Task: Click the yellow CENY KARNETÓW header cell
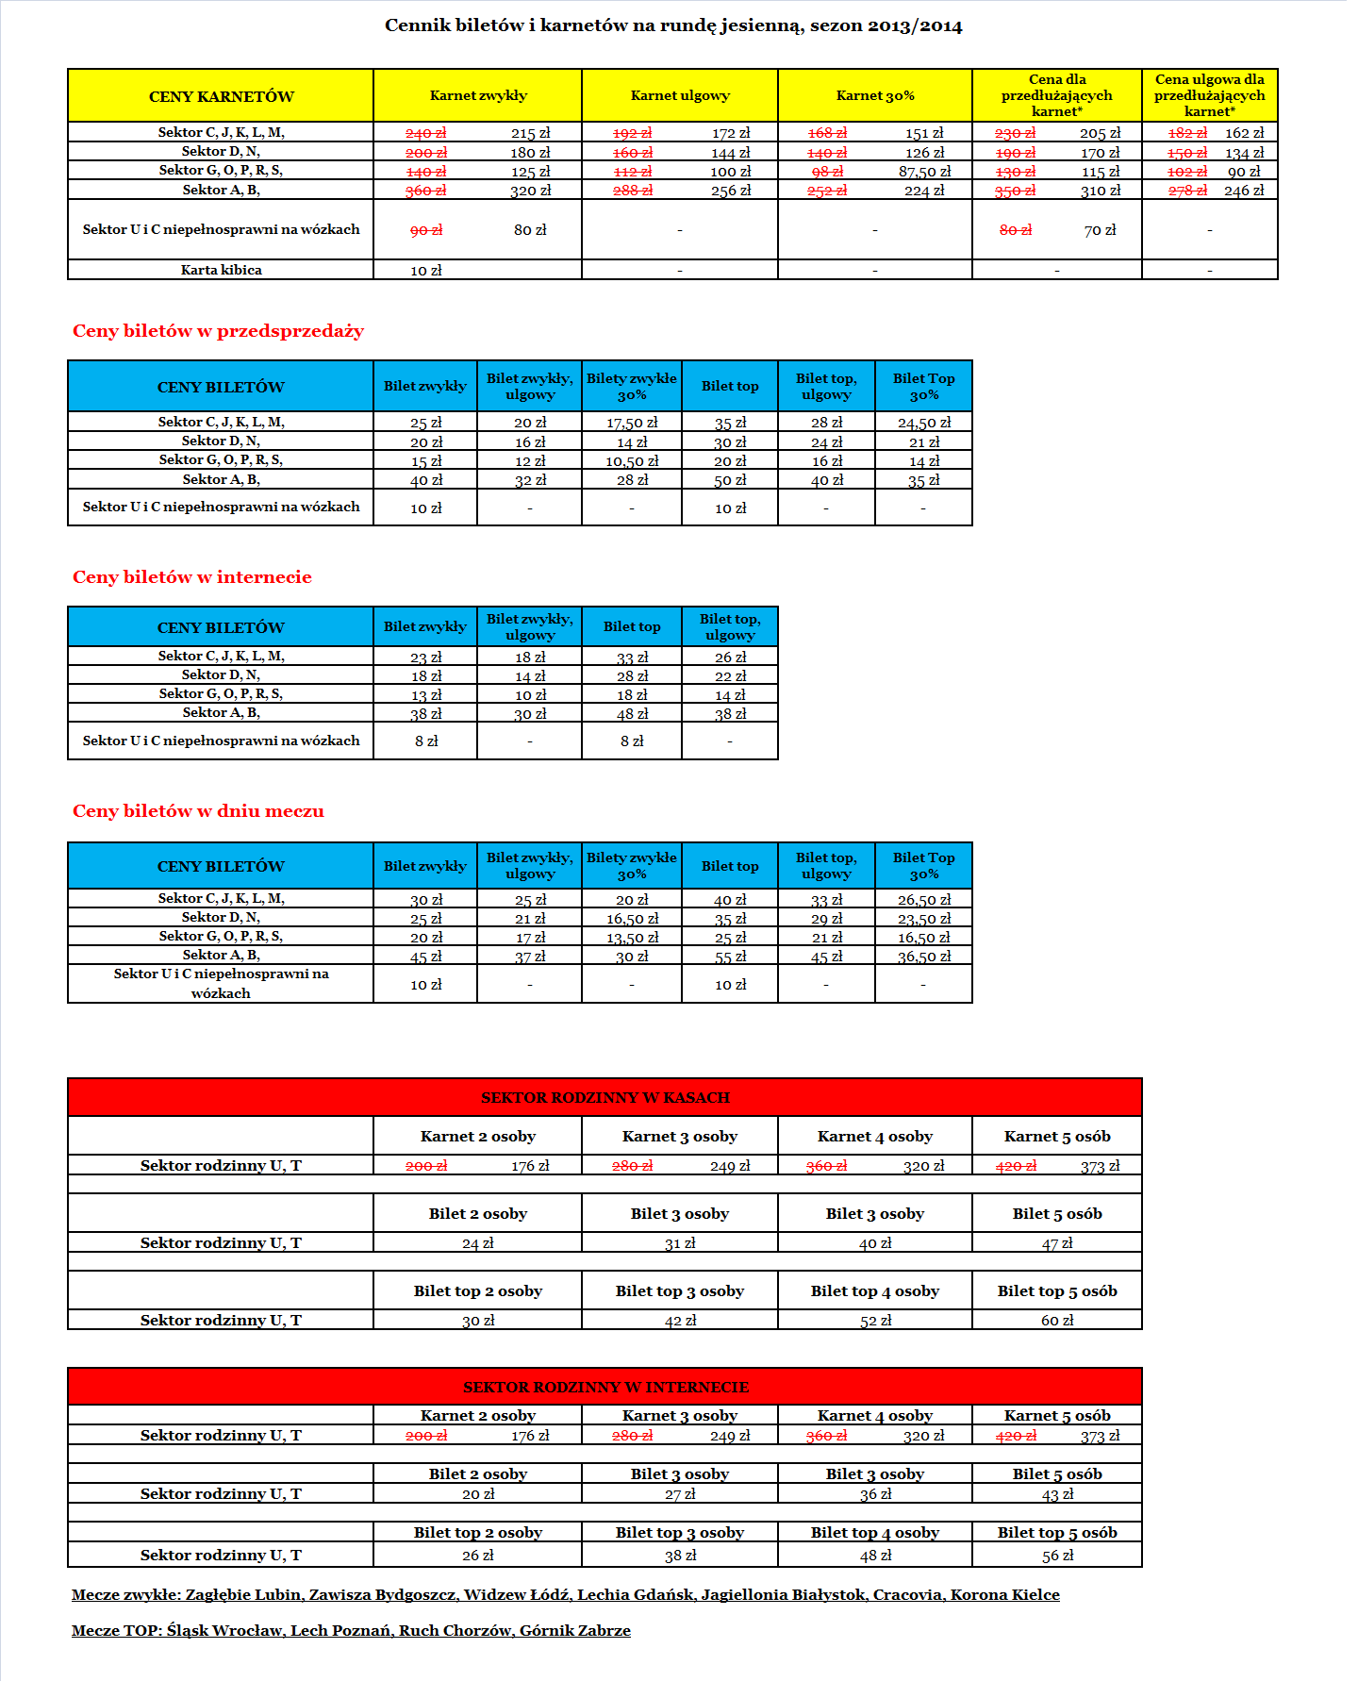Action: click(x=221, y=96)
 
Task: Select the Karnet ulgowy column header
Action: click(x=679, y=95)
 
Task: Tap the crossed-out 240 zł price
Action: click(x=425, y=133)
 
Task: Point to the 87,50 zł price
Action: click(x=924, y=172)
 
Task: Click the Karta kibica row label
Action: click(x=221, y=270)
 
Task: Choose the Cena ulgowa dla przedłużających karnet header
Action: click(x=1209, y=95)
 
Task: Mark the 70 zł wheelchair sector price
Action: click(x=1100, y=230)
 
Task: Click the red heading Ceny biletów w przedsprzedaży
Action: click(x=218, y=331)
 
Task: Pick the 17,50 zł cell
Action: click(x=632, y=423)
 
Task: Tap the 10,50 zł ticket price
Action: click(x=632, y=461)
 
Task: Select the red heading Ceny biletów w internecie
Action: click(x=191, y=577)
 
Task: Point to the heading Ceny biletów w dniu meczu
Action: click(x=198, y=811)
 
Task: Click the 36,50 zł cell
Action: click(x=924, y=957)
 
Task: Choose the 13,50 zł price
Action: click(x=632, y=938)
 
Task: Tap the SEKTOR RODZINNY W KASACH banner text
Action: click(x=605, y=1097)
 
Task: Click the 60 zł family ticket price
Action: click(x=1057, y=1321)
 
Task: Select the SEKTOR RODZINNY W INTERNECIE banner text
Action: click(x=605, y=1387)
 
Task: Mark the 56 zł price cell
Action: click(x=1057, y=1556)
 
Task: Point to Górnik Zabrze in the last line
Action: click(x=574, y=1631)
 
